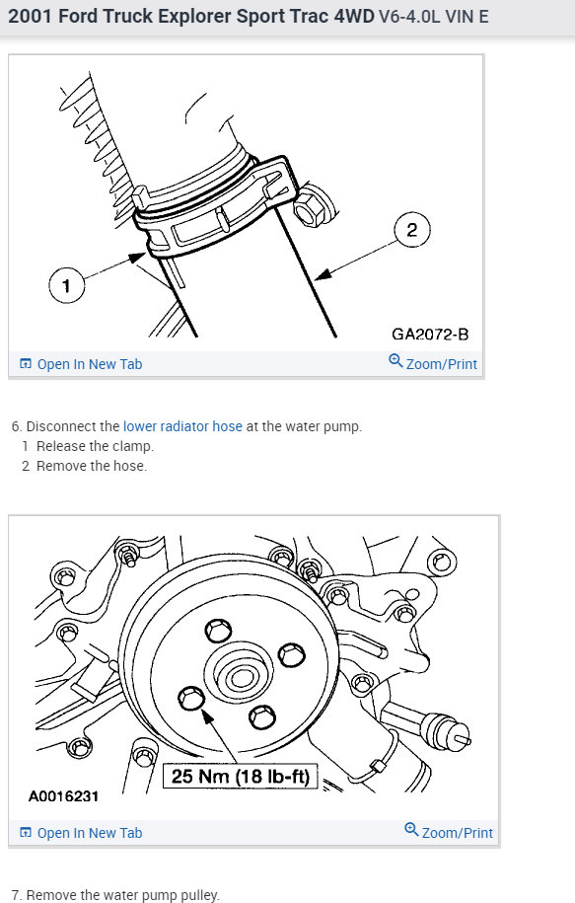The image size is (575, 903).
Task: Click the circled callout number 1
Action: [x=66, y=285]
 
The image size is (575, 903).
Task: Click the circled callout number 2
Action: [x=412, y=230]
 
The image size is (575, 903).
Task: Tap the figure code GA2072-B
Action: [x=430, y=334]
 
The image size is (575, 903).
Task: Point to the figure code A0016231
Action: [x=63, y=795]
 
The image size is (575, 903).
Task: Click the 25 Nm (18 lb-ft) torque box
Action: [x=241, y=776]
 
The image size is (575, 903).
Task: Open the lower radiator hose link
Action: [x=182, y=426]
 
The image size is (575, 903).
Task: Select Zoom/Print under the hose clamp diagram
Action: [x=442, y=364]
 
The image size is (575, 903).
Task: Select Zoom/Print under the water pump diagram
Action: [x=457, y=833]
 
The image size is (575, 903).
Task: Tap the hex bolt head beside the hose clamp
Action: [x=311, y=206]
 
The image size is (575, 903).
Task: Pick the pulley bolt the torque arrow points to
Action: [x=191, y=698]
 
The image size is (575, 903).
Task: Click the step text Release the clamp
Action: [x=95, y=446]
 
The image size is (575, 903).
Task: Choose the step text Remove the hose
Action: [x=92, y=466]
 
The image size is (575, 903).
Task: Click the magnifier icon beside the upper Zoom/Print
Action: [x=395, y=361]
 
